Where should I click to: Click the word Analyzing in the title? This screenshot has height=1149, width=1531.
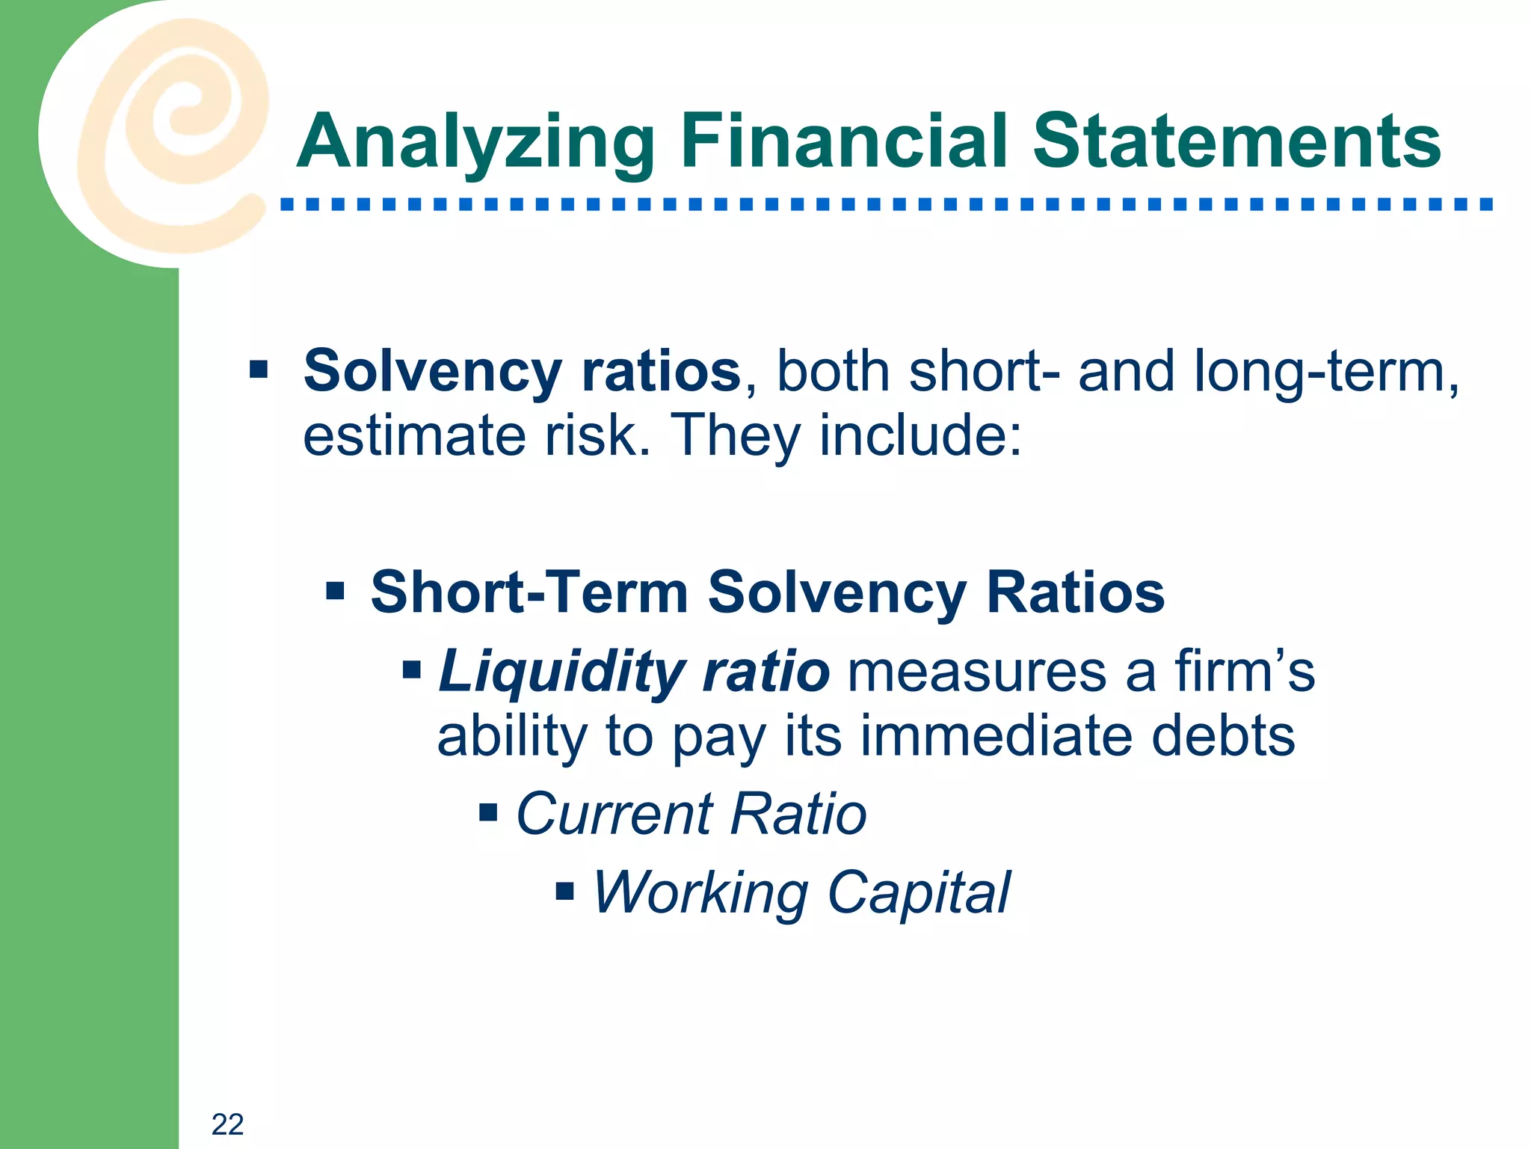pyautogui.click(x=476, y=142)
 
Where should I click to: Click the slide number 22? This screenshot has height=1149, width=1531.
pyautogui.click(x=227, y=1124)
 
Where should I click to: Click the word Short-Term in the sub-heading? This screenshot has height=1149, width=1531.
pyautogui.click(x=529, y=592)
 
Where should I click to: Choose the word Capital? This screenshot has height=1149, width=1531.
pyautogui.click(x=919, y=892)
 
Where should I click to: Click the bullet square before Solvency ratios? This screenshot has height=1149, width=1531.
pyautogui.click(x=259, y=369)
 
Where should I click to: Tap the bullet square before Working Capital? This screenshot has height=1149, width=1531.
pyautogui.click(x=565, y=891)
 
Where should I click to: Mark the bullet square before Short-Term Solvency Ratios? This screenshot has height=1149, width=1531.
pyautogui.click(x=335, y=592)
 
